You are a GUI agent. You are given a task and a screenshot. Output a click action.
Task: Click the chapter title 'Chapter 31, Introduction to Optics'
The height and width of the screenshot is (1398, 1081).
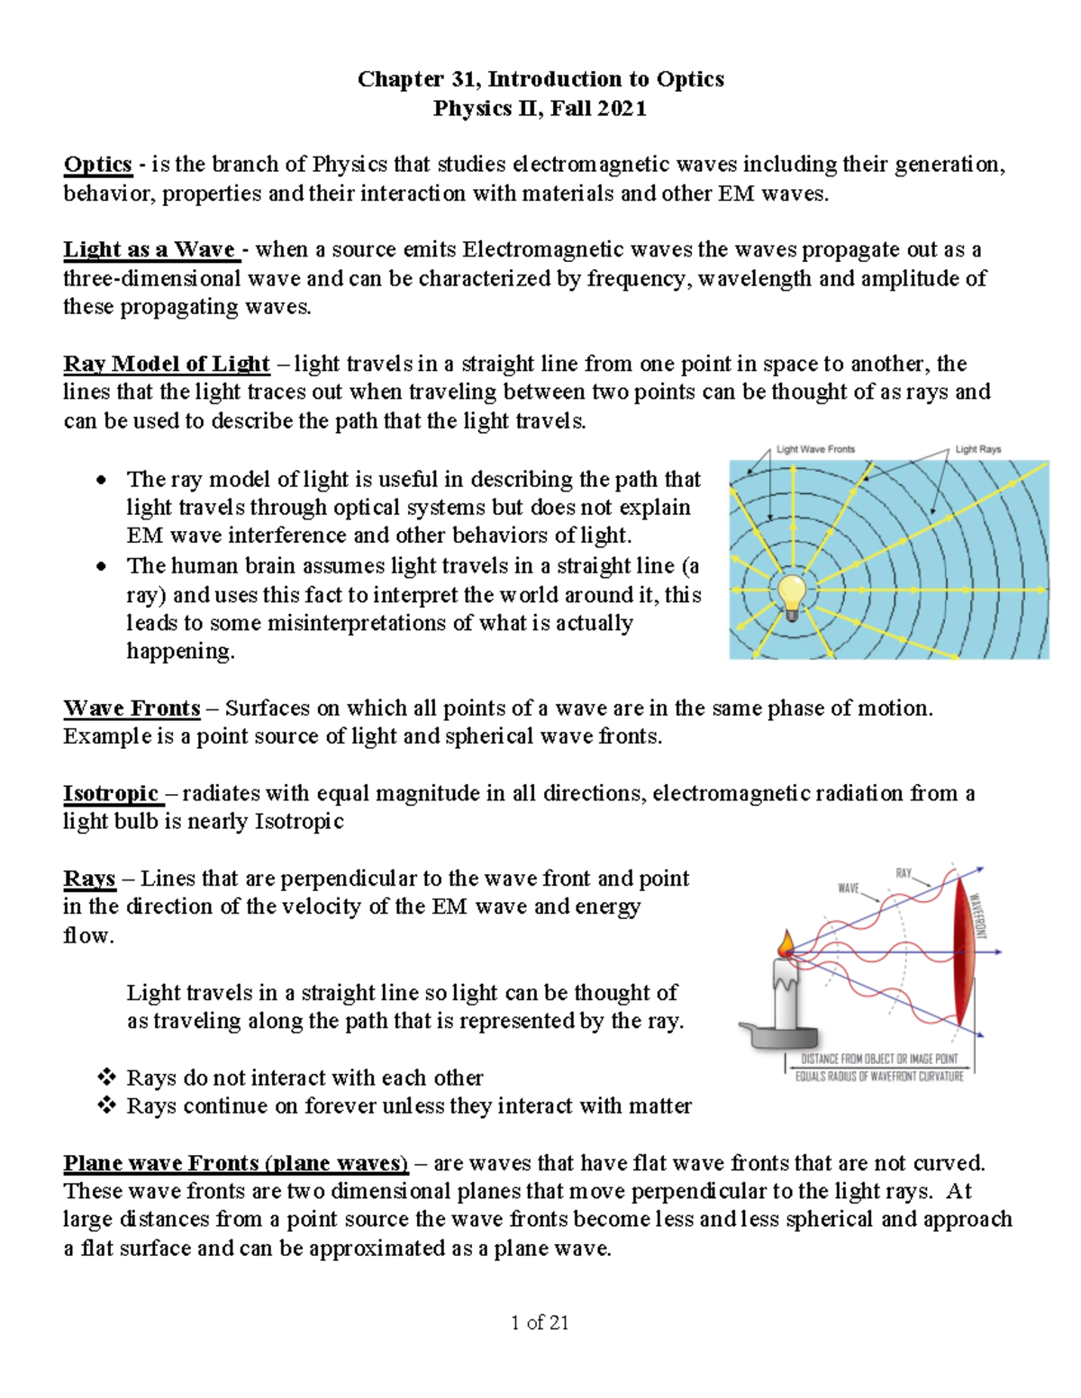coord(540,79)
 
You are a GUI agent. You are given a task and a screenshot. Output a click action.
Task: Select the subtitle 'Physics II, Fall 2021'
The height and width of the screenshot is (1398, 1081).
coord(540,109)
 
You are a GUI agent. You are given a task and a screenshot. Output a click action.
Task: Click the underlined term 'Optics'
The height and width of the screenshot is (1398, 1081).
coord(97,165)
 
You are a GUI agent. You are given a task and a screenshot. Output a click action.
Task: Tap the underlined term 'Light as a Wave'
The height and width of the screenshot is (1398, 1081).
coord(150,249)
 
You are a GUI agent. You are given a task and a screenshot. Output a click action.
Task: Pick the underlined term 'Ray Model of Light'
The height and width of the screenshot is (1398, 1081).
coord(166,364)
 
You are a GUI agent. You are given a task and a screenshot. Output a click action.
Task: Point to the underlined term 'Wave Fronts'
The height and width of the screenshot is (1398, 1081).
coord(132,708)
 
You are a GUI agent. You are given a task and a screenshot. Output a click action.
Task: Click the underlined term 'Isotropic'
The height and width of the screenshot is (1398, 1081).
coord(111,793)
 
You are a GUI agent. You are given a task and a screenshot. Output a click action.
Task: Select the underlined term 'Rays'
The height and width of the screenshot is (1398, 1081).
coord(89,879)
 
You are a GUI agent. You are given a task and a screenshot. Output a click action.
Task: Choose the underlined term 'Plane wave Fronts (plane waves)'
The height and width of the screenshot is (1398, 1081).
coord(235,1163)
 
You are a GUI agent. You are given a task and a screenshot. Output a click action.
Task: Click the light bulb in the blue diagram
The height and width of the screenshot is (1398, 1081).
coord(792,596)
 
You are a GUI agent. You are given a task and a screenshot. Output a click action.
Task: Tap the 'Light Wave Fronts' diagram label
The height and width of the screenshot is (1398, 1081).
coord(815,449)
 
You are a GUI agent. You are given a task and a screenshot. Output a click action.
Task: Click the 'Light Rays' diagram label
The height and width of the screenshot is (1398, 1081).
coord(977,449)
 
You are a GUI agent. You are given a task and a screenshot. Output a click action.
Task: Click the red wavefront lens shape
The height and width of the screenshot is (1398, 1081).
coord(963,950)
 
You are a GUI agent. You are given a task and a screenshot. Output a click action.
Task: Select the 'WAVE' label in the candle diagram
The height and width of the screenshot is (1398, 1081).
coord(849,888)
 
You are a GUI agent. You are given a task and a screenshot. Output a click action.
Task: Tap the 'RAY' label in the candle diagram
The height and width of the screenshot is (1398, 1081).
coord(903,873)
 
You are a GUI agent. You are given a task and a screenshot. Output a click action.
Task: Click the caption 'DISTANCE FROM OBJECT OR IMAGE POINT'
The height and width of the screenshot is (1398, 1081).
coord(879,1059)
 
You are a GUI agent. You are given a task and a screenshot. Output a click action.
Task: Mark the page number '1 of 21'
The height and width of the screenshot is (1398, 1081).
coord(540,1322)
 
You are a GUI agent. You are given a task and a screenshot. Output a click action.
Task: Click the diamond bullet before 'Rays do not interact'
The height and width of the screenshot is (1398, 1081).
coord(106,1077)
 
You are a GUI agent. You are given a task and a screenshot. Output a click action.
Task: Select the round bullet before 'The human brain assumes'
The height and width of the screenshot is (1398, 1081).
coord(102,566)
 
